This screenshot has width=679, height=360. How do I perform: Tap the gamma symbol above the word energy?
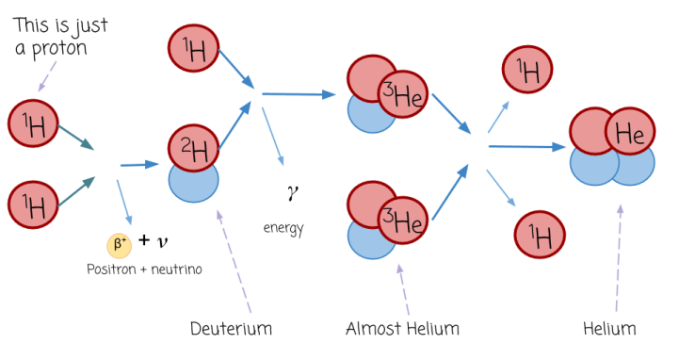click(292, 191)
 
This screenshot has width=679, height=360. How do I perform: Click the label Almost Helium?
click(402, 329)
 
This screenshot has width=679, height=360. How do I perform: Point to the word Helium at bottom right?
click(609, 329)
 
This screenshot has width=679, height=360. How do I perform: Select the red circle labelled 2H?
click(194, 146)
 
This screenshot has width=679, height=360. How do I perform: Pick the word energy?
click(283, 228)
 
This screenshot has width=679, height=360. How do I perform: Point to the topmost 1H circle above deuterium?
click(193, 47)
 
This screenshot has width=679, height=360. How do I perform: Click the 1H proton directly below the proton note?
click(33, 122)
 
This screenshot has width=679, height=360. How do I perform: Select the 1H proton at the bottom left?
click(33, 203)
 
